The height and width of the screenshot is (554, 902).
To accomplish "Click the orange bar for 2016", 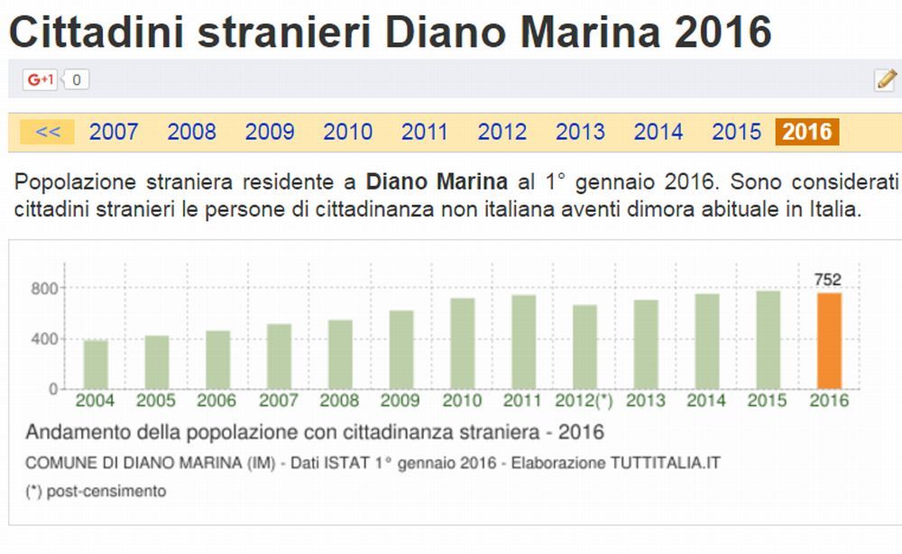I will pos(829,341).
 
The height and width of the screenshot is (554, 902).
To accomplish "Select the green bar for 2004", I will pos(96,365).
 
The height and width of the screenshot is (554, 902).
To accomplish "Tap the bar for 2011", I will pos(523,342).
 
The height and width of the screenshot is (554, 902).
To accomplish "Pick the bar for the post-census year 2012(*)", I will pos(584,346).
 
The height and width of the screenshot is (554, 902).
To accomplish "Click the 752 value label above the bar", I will pos(827,280).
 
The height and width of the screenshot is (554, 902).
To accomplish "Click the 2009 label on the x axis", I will pos(400,401).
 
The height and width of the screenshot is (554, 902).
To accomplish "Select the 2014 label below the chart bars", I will pos(707,401).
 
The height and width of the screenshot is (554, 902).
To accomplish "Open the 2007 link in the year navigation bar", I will pos(114,132).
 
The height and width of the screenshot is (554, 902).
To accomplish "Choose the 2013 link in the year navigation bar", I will pos(580,132).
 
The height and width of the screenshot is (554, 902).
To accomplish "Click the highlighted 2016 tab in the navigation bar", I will pos(806,132).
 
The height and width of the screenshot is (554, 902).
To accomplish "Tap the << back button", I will pos(47,132).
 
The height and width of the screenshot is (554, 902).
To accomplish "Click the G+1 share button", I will pos(41,79).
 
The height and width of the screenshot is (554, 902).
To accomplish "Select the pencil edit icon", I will pos(885,79).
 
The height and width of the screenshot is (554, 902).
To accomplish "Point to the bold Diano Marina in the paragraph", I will pos(437,181).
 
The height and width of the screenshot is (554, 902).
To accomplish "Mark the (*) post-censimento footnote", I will pos(96,491).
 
